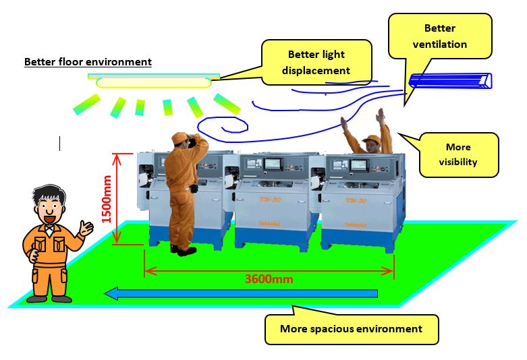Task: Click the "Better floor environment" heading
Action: (88, 62)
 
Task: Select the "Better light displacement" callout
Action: (318, 62)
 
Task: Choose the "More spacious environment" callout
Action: (351, 329)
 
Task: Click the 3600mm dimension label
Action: (269, 278)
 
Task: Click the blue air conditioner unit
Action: (449, 81)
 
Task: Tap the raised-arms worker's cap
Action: (370, 140)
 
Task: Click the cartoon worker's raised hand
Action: (86, 228)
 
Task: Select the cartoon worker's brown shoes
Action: (48, 298)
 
